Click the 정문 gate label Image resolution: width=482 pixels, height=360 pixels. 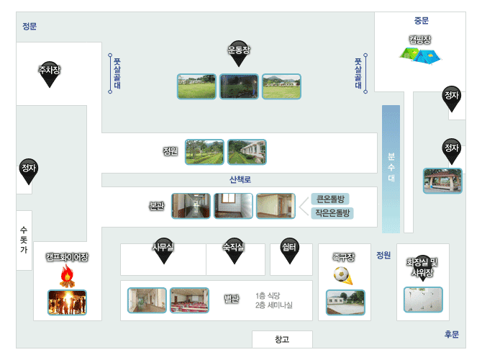[x=29, y=27]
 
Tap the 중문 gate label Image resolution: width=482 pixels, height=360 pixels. [x=421, y=21]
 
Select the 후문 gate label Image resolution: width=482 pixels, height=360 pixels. [x=451, y=334]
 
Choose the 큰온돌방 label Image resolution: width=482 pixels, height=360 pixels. [x=331, y=199]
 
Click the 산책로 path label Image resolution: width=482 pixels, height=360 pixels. [x=240, y=179]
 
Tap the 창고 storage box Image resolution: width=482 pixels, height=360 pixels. [x=282, y=339]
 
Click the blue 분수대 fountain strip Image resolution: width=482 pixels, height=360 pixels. [x=391, y=168]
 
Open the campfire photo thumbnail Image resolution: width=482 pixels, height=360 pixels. [x=67, y=302]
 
